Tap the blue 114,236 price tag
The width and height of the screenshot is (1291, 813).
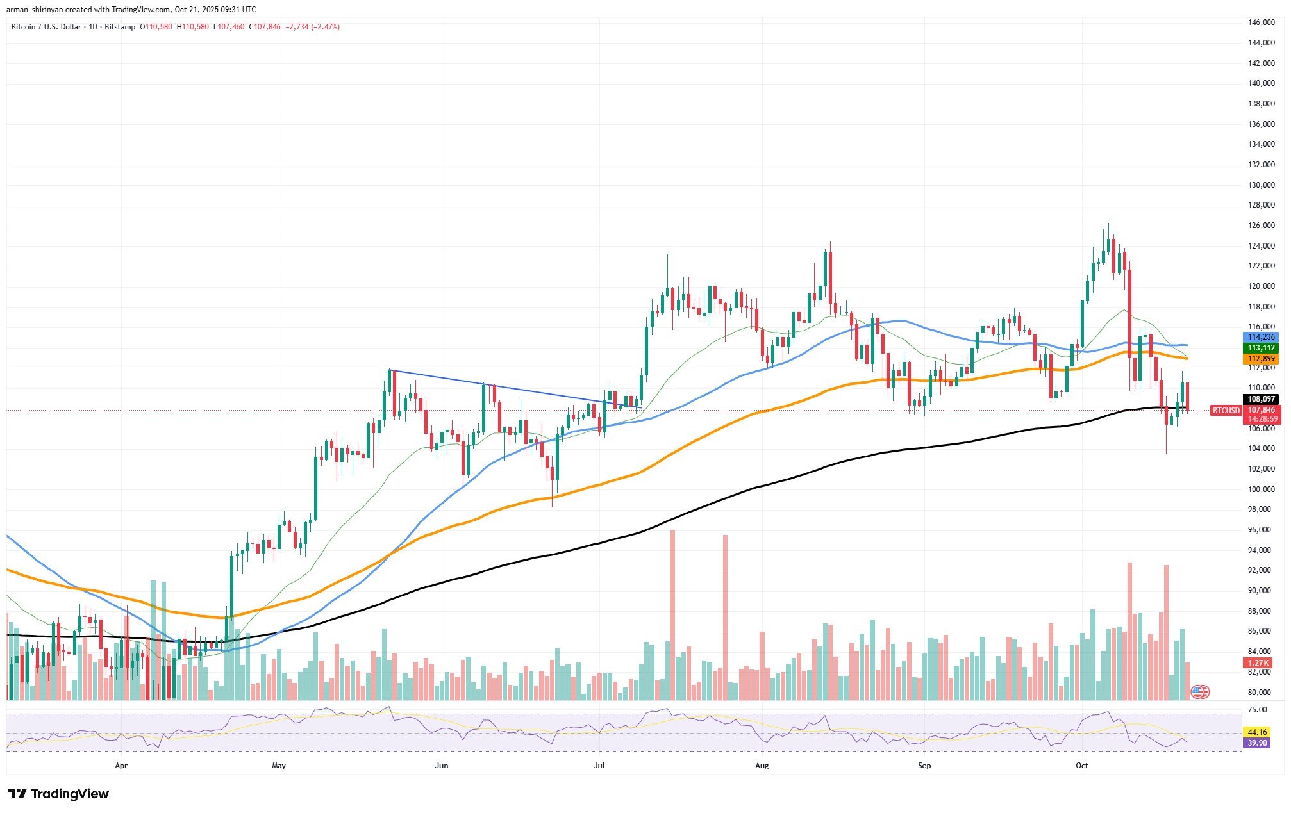point(1260,337)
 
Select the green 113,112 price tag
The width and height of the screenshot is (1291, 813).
point(1260,348)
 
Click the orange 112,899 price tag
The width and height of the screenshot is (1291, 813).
point(1260,359)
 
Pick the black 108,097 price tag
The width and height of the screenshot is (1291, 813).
point(1260,398)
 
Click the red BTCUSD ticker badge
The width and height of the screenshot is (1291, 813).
point(1226,410)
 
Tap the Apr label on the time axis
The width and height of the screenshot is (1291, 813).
point(121,765)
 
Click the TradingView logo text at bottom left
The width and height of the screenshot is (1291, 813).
point(70,794)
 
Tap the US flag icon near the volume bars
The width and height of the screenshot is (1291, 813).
point(1199,691)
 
